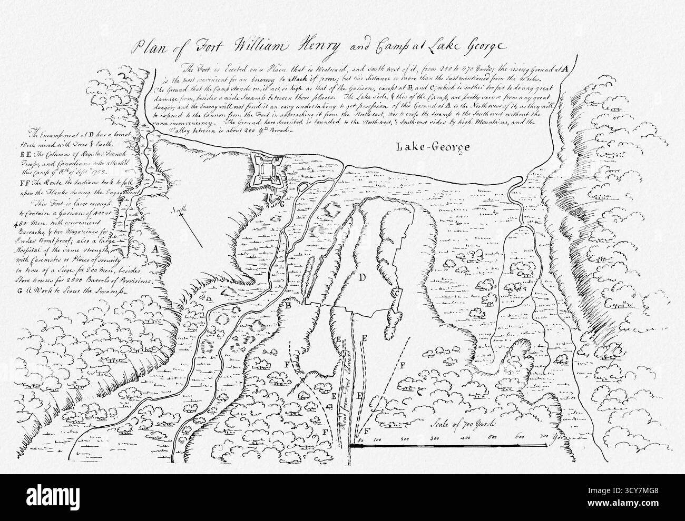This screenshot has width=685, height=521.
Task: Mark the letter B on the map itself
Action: click(x=288, y=305)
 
